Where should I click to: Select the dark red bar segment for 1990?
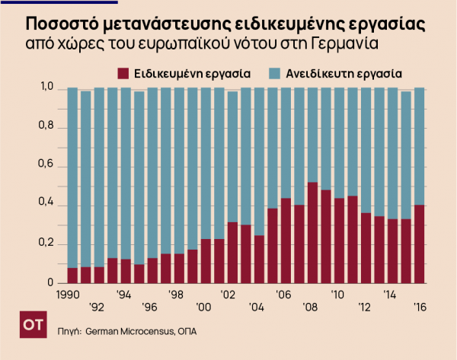click(x=72, y=276)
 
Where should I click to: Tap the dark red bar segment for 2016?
click(x=418, y=244)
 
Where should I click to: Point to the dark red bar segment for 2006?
click(x=286, y=241)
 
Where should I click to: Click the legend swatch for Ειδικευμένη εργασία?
click(x=123, y=74)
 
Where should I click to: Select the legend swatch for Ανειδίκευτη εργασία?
click(x=276, y=74)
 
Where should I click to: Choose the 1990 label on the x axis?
click(x=69, y=293)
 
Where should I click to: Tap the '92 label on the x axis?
click(x=96, y=307)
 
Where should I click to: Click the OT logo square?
click(x=32, y=325)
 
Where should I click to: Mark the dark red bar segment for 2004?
click(x=259, y=260)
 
